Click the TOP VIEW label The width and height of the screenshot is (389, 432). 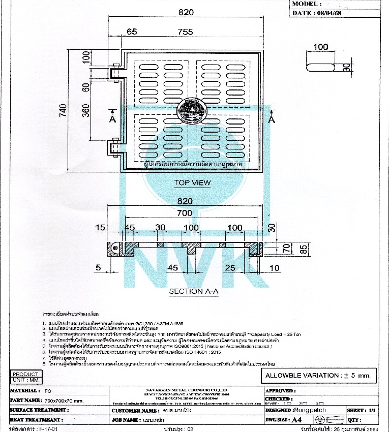pos(192,182)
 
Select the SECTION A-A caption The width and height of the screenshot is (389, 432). pos(193,291)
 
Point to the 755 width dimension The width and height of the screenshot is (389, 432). pos(186,32)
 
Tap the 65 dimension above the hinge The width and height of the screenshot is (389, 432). pos(132,32)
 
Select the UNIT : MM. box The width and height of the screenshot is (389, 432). pos(25,380)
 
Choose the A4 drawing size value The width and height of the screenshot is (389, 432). pos(298,420)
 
